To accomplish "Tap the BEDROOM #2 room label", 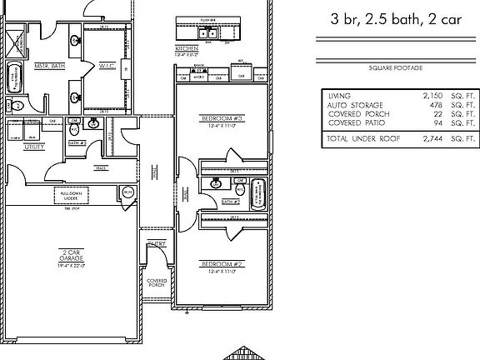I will click(x=222, y=263).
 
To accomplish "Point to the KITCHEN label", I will click(x=185, y=49).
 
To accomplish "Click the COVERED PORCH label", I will click(x=157, y=283).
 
